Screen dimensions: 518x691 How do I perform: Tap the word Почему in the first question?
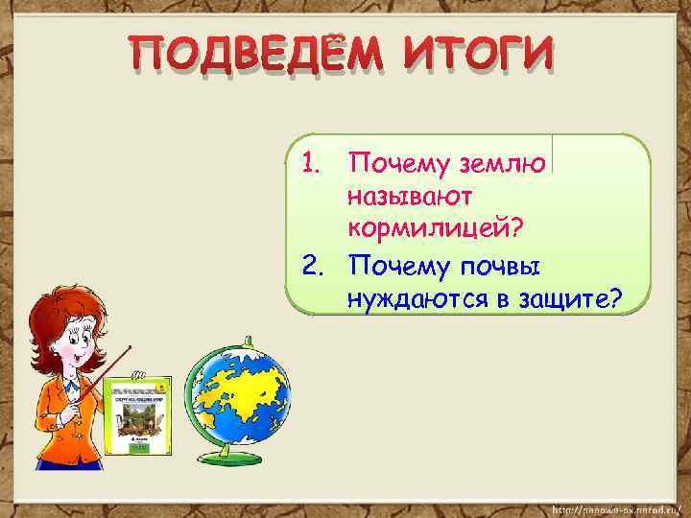[397, 164]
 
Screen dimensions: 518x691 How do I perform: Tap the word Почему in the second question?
[397, 264]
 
